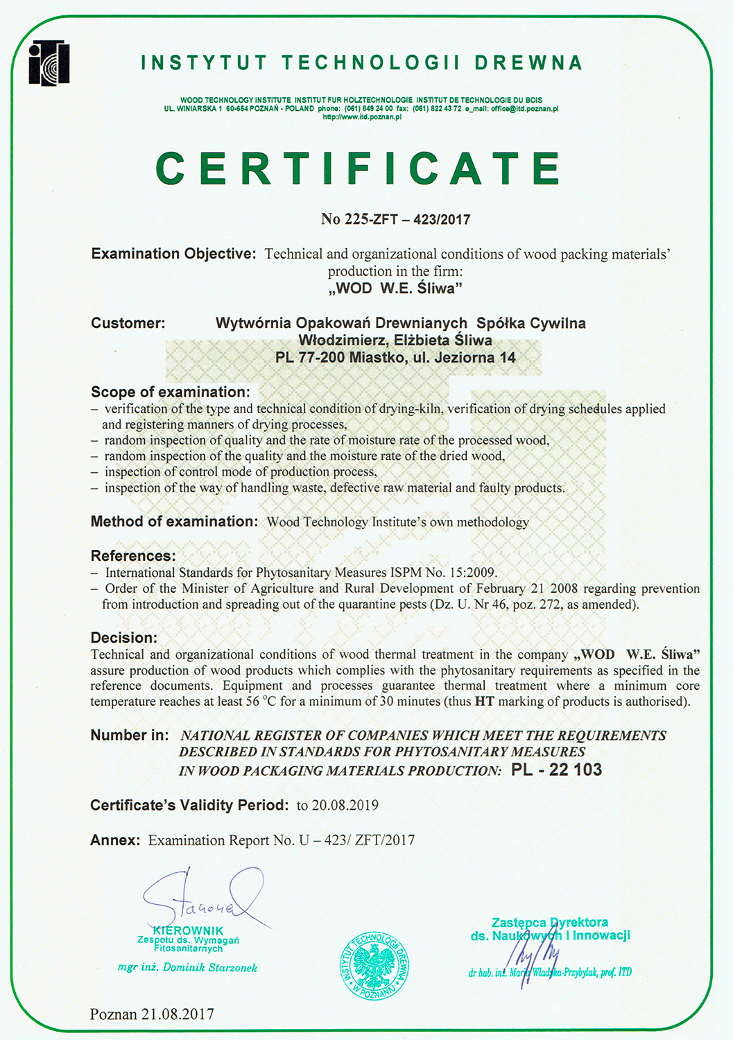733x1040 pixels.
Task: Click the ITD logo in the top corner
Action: [x=49, y=63]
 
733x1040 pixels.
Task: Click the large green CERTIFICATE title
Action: [x=359, y=168]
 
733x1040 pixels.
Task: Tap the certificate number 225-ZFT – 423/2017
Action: [x=396, y=219]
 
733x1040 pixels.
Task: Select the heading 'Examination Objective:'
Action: [x=174, y=254]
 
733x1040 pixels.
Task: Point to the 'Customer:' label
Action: [x=128, y=323]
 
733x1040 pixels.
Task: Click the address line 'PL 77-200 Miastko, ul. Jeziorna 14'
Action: [x=395, y=358]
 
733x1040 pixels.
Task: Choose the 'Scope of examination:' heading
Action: [x=171, y=392]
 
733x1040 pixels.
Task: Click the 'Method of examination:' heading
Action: [x=174, y=521]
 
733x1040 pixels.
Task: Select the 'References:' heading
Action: [x=133, y=556]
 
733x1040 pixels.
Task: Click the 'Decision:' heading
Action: [x=124, y=637]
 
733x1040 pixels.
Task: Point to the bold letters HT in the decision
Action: [x=484, y=701]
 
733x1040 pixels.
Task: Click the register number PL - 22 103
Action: [x=556, y=770]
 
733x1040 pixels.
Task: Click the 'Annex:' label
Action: [x=115, y=840]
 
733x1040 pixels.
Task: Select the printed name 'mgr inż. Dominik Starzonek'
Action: [x=187, y=967]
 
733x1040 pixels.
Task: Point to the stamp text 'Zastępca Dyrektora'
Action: [x=550, y=922]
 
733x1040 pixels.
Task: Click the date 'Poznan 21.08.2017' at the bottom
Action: [x=152, y=1014]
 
